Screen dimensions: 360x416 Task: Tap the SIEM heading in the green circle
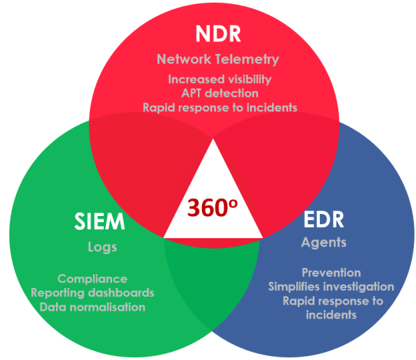(x=100, y=222)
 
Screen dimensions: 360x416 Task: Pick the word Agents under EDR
(x=323, y=243)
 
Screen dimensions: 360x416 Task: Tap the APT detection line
(x=219, y=93)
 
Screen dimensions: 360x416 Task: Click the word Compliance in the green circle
(x=92, y=279)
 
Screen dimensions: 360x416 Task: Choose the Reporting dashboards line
(x=92, y=293)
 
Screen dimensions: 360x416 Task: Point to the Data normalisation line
(x=92, y=307)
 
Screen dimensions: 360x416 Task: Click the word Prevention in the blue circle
(x=332, y=273)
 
